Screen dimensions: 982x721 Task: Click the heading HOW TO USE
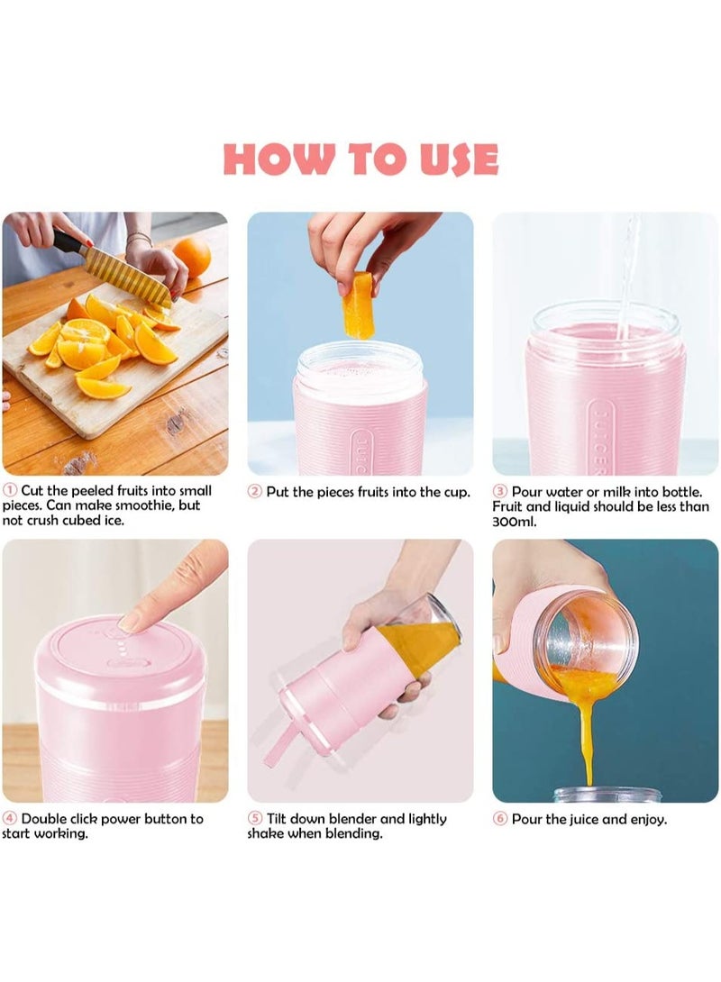coord(360,159)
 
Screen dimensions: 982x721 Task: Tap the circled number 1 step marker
coord(10,491)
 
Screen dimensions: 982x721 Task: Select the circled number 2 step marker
coord(255,492)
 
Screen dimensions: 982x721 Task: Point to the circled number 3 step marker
coord(500,492)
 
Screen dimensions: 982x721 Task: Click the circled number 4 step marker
coord(10,819)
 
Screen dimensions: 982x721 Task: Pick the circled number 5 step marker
coord(255,819)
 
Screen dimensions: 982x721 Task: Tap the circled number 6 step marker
coord(500,819)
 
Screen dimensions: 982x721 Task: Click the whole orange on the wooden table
coord(192,257)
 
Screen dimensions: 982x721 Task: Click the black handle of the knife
coord(68,241)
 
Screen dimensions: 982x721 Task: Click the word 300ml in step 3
coord(516,522)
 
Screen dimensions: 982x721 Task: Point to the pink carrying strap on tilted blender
coord(279,743)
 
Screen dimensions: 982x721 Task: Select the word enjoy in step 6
coord(646,820)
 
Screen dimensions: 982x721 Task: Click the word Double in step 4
coord(45,819)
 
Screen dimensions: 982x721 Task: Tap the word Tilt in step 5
coord(279,819)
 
